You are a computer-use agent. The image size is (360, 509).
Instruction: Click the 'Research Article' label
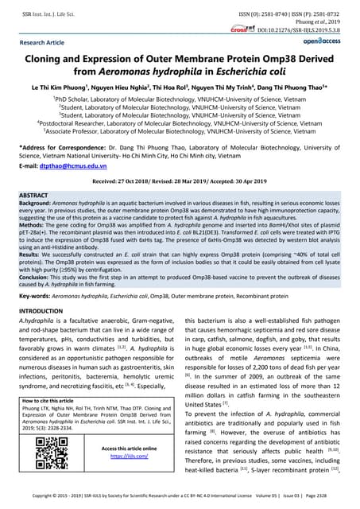[x=44, y=42]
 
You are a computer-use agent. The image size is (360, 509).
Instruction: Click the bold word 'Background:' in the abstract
[x=37, y=203]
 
